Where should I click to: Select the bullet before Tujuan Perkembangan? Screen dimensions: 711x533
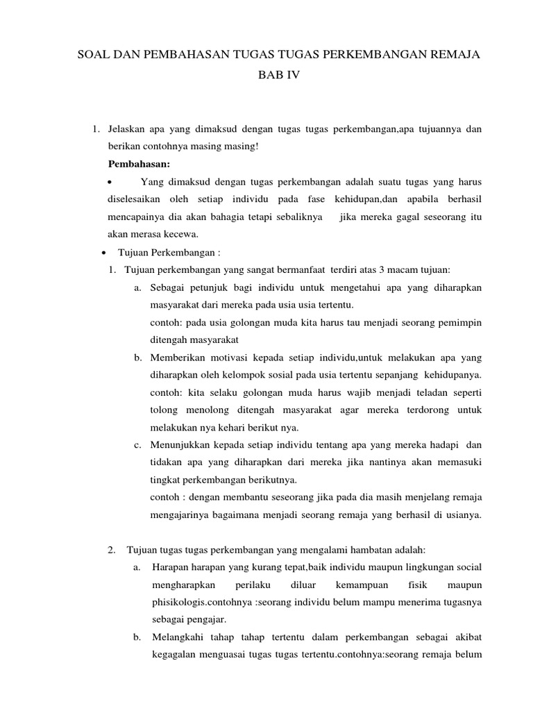[x=103, y=251]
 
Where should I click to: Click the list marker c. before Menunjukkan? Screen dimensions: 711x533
[x=138, y=445]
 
